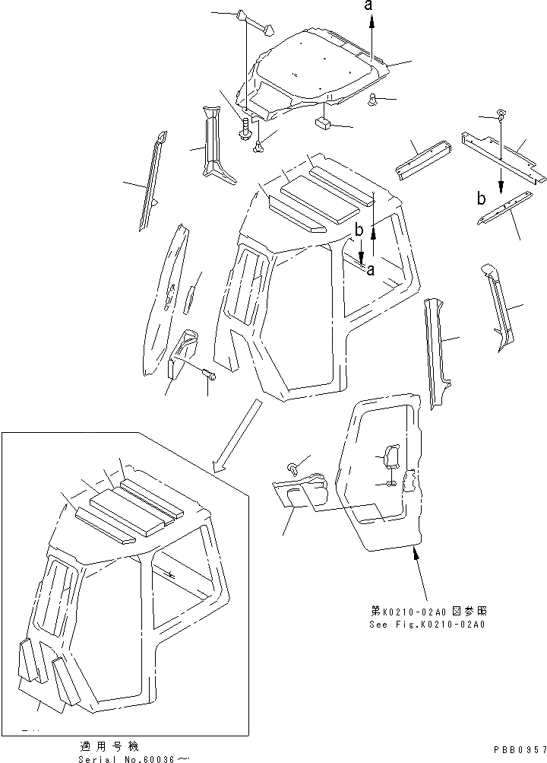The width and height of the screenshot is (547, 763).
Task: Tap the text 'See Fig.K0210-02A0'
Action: point(427,624)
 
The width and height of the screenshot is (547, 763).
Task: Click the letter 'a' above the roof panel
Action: point(370,6)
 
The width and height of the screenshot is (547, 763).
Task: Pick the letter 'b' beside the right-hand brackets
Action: point(480,200)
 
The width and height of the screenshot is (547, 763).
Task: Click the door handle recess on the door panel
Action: point(390,458)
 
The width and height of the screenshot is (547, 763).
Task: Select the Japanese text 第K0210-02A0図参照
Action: point(426,611)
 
